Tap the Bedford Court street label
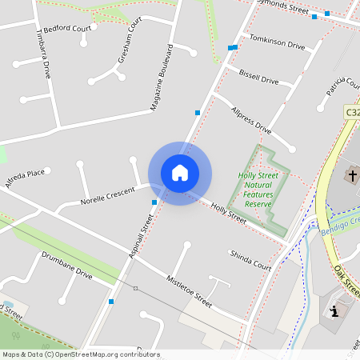point(66,28)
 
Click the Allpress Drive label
point(250,119)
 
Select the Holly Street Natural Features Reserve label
point(258,190)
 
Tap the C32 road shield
point(352,114)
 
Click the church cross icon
point(352,174)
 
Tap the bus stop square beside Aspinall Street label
point(154,202)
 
